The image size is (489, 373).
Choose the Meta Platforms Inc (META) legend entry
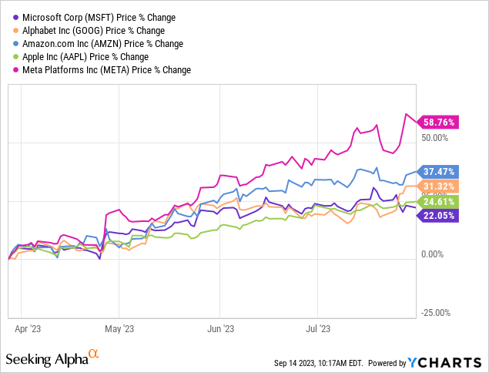click(102, 69)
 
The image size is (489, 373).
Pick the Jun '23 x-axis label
click(220, 327)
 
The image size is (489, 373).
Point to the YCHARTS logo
click(449, 362)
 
